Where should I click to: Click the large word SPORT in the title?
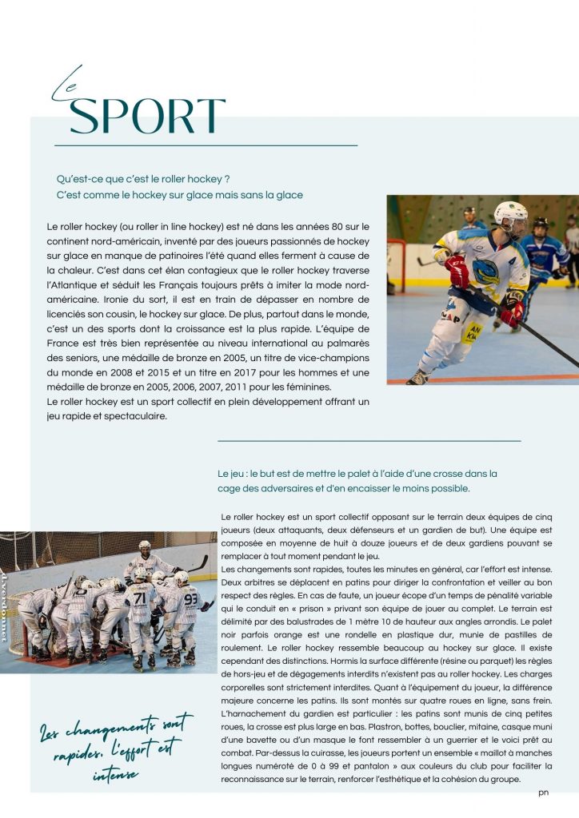(x=147, y=117)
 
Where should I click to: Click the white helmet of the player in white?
(x=509, y=214)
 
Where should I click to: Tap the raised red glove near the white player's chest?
(x=458, y=270)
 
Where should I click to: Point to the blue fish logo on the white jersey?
(x=485, y=272)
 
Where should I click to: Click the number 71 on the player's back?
(x=141, y=598)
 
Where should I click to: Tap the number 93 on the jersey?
(x=191, y=598)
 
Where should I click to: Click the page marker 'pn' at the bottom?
(x=544, y=793)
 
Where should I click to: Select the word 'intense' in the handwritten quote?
(x=114, y=774)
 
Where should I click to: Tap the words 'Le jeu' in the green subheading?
(x=231, y=474)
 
